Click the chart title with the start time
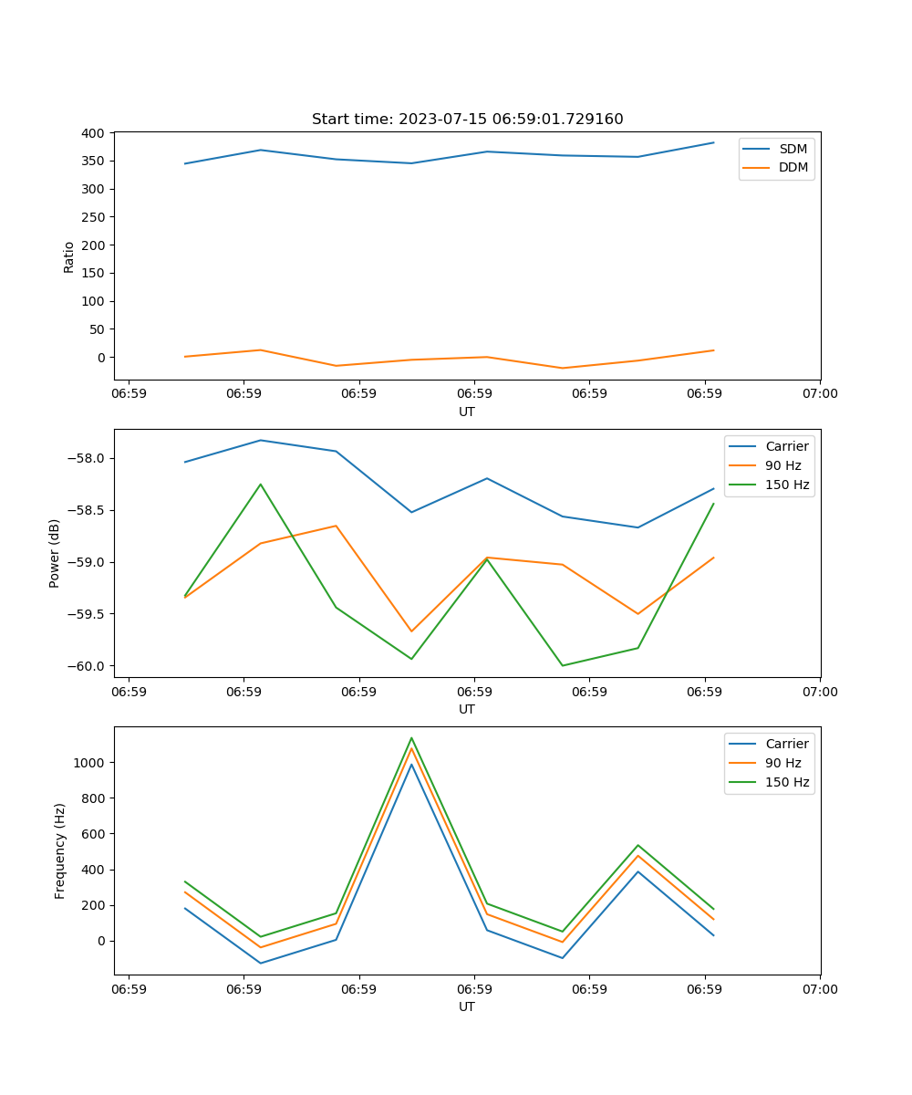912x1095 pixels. point(467,120)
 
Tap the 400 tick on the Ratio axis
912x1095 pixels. point(93,133)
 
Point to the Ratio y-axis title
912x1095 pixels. point(69,256)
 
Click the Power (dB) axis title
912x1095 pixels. point(55,553)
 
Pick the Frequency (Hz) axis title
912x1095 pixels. point(60,850)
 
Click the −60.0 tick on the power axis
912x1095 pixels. point(88,666)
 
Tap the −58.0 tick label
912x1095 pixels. point(88,459)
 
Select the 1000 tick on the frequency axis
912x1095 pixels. point(90,763)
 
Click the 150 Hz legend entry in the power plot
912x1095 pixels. point(787,485)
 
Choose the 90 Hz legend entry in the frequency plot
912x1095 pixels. point(783,763)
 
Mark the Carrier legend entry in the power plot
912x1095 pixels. point(787,446)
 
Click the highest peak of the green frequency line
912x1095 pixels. point(411,737)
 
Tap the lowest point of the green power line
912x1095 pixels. point(563,665)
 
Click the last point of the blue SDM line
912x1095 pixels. point(713,142)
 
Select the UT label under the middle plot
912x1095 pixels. point(467,709)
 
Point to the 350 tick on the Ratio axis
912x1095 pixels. point(93,162)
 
